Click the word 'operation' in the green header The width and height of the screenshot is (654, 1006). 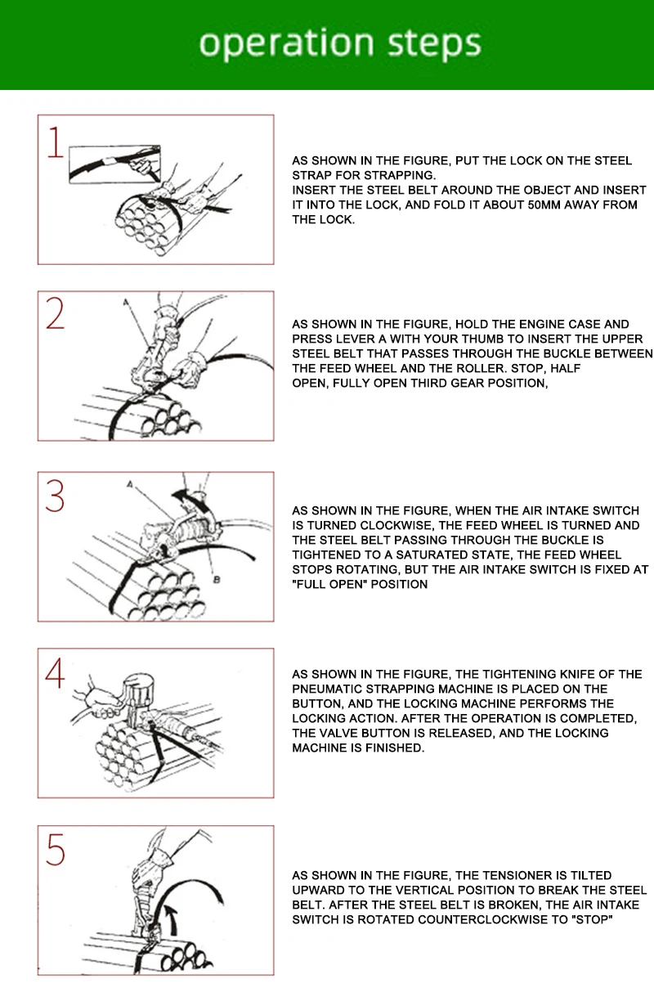286,44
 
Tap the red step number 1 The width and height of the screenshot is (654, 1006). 56,142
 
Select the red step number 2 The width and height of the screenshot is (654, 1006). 56,313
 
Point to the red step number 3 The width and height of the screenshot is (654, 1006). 56,496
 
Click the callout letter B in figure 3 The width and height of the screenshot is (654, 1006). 217,580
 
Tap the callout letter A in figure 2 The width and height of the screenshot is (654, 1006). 126,303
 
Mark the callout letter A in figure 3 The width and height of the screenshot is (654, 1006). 130,484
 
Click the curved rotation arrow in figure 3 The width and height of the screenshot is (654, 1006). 190,500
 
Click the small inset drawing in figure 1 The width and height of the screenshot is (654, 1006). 115,164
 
